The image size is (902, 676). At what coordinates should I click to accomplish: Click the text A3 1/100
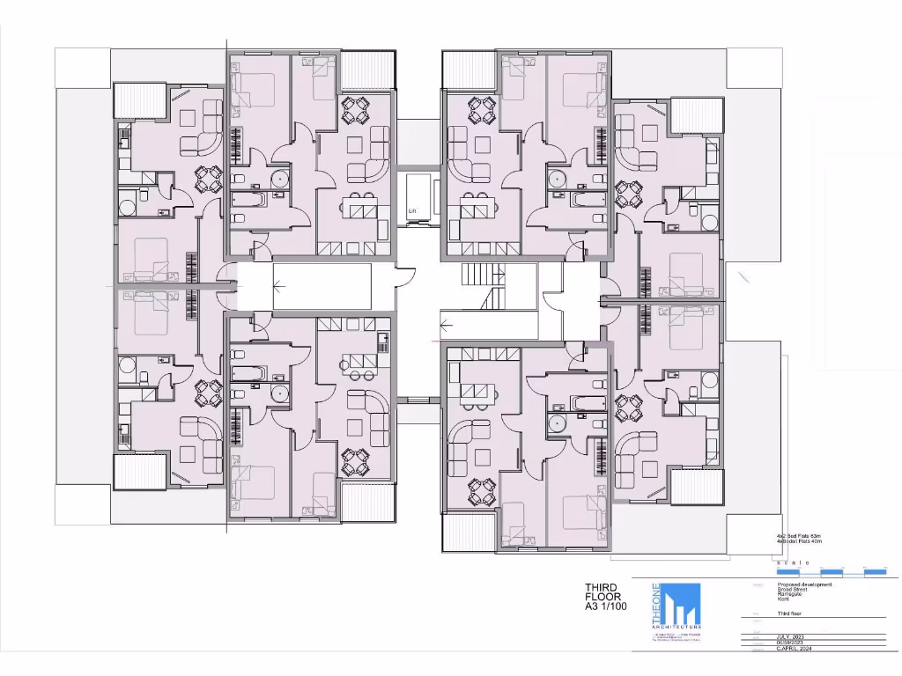[607, 616]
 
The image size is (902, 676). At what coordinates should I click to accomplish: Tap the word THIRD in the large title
[602, 588]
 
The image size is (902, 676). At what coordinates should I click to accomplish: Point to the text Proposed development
[804, 584]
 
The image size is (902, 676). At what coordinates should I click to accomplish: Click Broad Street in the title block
[793, 590]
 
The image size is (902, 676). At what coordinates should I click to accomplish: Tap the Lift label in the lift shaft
[411, 211]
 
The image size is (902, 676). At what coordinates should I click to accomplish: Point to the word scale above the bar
[793, 561]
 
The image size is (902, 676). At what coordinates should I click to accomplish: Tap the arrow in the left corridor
[279, 285]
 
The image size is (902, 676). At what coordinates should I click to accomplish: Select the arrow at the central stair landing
[446, 322]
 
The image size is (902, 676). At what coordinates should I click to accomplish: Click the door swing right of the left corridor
[403, 276]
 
